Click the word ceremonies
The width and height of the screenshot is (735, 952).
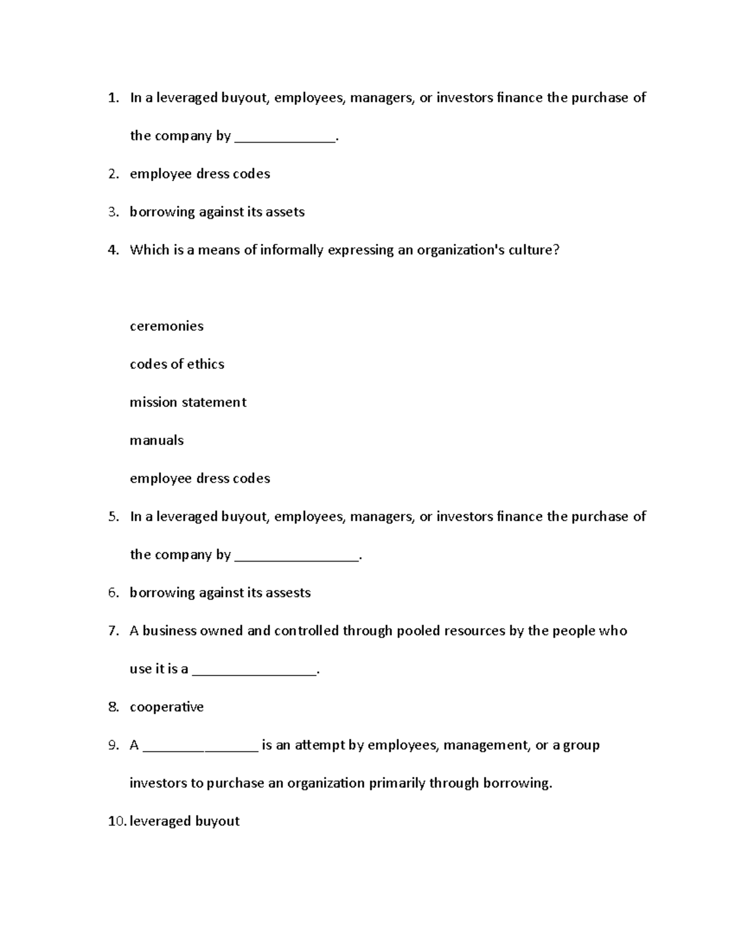(167, 326)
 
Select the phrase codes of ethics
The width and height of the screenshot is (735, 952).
(177, 364)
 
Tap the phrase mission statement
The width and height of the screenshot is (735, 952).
(188, 402)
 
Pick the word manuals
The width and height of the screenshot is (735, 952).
(157, 440)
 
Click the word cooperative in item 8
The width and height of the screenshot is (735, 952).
(167, 707)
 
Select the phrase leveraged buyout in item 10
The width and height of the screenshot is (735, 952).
(184, 821)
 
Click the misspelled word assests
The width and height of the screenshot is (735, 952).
(288, 593)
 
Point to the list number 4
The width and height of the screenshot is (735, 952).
(113, 250)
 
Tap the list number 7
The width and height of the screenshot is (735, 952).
(113, 631)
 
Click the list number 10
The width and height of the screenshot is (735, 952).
(116, 821)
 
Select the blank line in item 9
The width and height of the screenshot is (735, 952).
(200, 747)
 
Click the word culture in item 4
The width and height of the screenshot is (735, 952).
(533, 250)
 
